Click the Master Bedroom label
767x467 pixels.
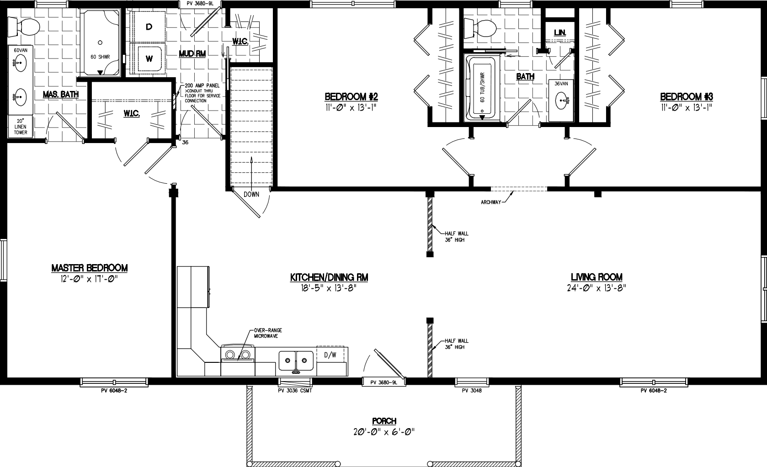pyautogui.click(x=89, y=268)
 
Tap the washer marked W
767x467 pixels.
pyautogui.click(x=149, y=58)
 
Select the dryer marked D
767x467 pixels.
pyautogui.click(x=149, y=27)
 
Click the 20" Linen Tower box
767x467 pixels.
pyautogui.click(x=20, y=126)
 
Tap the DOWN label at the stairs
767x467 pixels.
pyautogui.click(x=251, y=194)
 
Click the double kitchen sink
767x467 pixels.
pyautogui.click(x=295, y=360)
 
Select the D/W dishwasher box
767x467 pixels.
pyautogui.click(x=330, y=355)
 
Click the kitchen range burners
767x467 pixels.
pyautogui.click(x=238, y=354)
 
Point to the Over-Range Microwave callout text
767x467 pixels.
pyautogui.click(x=266, y=333)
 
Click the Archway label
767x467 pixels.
pyautogui.click(x=491, y=202)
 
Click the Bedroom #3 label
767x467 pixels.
pyautogui.click(x=686, y=97)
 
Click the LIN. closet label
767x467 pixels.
pyautogui.click(x=559, y=33)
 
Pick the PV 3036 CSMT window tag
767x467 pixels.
pyautogui.click(x=295, y=391)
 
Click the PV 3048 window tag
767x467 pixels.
pyautogui.click(x=472, y=391)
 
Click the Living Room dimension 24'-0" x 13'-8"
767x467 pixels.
pyautogui.click(x=596, y=288)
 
